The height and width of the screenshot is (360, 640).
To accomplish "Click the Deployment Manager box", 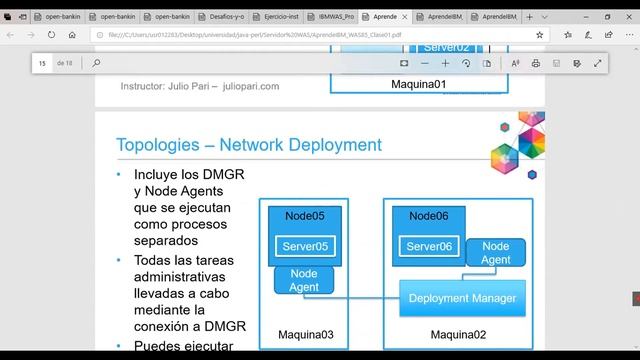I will [x=462, y=298].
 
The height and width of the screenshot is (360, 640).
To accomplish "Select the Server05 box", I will [x=305, y=247].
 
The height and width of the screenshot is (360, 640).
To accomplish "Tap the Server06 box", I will [x=429, y=247].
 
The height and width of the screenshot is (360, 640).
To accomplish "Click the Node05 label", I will [x=304, y=216].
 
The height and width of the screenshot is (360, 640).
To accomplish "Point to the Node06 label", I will [x=429, y=216].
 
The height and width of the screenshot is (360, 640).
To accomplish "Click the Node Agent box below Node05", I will [x=303, y=279].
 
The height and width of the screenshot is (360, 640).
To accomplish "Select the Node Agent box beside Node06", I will [x=495, y=253].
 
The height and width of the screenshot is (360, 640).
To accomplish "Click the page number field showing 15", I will [x=43, y=63].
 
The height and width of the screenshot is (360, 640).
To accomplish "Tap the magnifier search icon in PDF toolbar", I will [x=97, y=63].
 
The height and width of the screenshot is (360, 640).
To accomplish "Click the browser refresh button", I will [x=57, y=34].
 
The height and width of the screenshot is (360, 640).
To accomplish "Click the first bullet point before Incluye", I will [x=119, y=174].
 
